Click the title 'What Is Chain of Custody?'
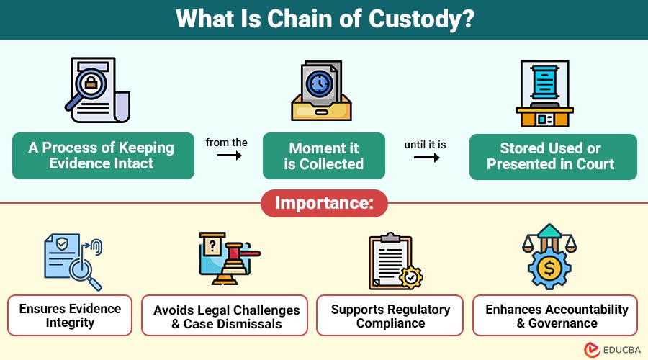(x=324, y=19)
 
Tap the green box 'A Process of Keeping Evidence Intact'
(x=103, y=156)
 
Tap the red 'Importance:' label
(x=323, y=204)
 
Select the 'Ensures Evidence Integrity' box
(x=70, y=315)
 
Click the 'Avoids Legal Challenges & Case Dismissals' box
(x=226, y=316)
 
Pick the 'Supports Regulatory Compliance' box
(x=390, y=315)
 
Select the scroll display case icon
(x=544, y=92)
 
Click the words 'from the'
(x=226, y=143)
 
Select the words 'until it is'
(x=425, y=145)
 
